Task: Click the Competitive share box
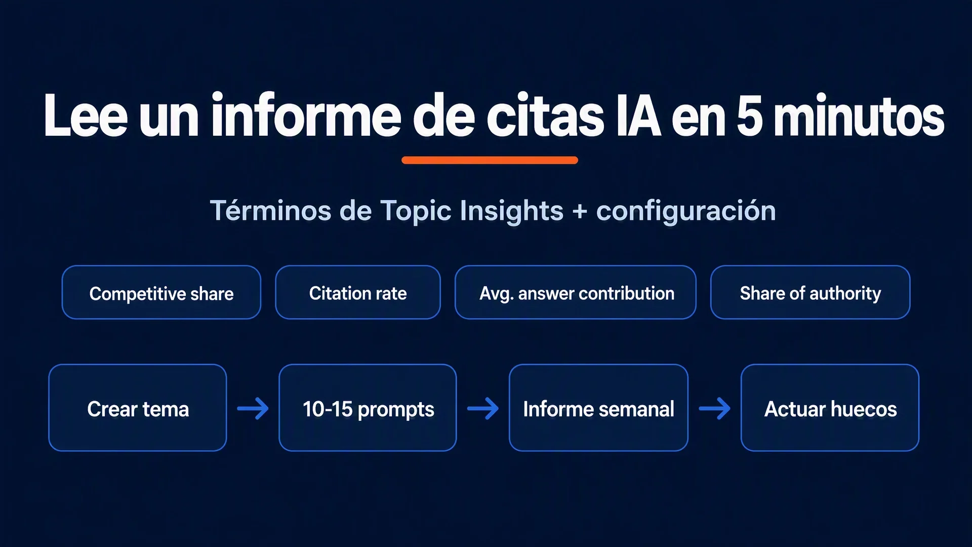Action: tap(161, 292)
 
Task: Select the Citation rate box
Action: tap(358, 292)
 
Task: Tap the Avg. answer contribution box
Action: tap(576, 292)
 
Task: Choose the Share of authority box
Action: tap(811, 292)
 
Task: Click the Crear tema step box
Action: tap(138, 408)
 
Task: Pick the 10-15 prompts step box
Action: tap(368, 408)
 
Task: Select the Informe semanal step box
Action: tap(598, 408)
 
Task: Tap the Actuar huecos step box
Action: tap(830, 408)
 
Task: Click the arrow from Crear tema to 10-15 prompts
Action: tap(253, 408)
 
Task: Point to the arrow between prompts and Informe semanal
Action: tap(483, 408)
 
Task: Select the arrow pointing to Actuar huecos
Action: tap(715, 408)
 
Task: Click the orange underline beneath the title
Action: tap(490, 160)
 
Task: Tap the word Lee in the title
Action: tap(86, 115)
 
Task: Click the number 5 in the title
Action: tap(750, 115)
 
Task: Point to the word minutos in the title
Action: tap(859, 115)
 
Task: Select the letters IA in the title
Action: tap(639, 115)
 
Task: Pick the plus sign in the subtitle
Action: tap(580, 211)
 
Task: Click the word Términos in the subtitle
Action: tap(271, 210)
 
